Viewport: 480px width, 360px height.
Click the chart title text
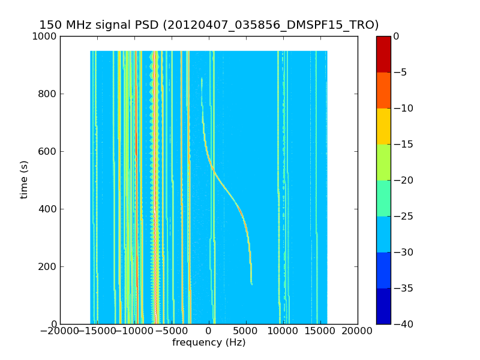pos(209,25)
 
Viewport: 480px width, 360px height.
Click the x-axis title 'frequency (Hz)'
pos(209,343)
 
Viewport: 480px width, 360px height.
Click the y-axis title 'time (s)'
pos(25,179)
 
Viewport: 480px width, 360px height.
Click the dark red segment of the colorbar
pos(383,54)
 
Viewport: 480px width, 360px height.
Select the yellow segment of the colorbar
pos(383,126)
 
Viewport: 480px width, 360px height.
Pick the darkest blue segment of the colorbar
pos(383,306)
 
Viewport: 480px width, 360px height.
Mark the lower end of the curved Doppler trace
pos(251,283)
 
